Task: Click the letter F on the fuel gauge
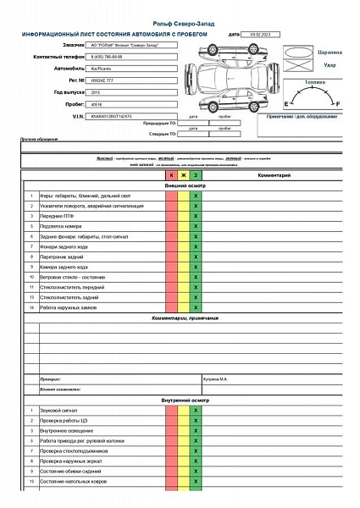339,102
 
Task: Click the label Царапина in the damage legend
330,52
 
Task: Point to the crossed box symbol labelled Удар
300,58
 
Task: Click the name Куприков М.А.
219,378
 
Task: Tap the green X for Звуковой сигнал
196,410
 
